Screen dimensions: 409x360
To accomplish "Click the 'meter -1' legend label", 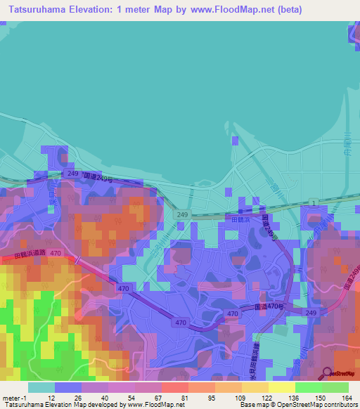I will tap(13, 397).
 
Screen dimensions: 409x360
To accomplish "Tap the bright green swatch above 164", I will tap(335, 387).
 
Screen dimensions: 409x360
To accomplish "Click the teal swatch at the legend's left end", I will tap(41, 387).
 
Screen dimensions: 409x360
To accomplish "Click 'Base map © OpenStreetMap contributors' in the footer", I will tap(296, 404).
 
